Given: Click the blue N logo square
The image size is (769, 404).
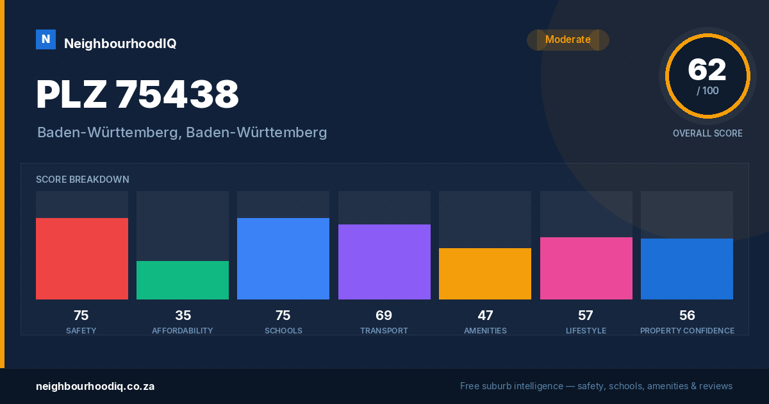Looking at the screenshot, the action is click(45, 40).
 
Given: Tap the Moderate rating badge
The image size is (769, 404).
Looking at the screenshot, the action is click(568, 40).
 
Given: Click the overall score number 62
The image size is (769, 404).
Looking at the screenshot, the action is click(707, 70).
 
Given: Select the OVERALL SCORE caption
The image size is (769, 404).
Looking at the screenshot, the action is click(707, 133).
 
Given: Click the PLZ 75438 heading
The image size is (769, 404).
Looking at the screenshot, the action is click(137, 94).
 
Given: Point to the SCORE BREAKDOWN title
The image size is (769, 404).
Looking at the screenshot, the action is click(83, 180).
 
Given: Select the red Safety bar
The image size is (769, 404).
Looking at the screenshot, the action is click(82, 258).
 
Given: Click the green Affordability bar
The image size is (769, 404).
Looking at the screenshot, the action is click(183, 280).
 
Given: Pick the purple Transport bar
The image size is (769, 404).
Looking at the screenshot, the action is click(384, 262).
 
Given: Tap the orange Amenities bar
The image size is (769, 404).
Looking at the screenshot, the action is click(485, 274).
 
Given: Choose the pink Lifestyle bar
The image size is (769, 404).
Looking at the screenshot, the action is click(586, 268).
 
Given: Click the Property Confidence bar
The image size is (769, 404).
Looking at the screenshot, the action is click(687, 269).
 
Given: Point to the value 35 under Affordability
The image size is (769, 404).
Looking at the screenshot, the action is click(183, 316).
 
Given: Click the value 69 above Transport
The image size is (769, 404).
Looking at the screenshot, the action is click(384, 316).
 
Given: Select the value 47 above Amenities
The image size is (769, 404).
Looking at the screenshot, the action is click(485, 316).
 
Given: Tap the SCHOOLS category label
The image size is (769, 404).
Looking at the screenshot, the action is click(283, 330).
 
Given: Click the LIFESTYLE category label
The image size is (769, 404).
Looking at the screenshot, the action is click(586, 330).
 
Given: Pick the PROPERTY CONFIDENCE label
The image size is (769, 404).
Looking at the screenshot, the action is click(687, 330).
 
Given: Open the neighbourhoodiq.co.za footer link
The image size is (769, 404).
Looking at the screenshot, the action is click(95, 386).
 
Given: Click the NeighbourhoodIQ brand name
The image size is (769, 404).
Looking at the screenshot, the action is click(120, 44).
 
